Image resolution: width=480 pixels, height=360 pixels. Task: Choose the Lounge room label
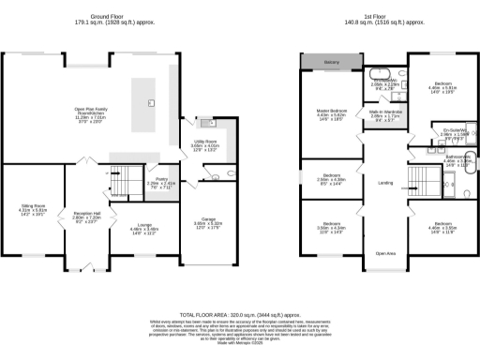click(131, 226)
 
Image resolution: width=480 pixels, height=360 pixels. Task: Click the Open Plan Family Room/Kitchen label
click(92, 115)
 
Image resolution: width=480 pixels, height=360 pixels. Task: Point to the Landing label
click(384, 184)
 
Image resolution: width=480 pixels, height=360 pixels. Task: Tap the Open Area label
click(384, 254)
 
